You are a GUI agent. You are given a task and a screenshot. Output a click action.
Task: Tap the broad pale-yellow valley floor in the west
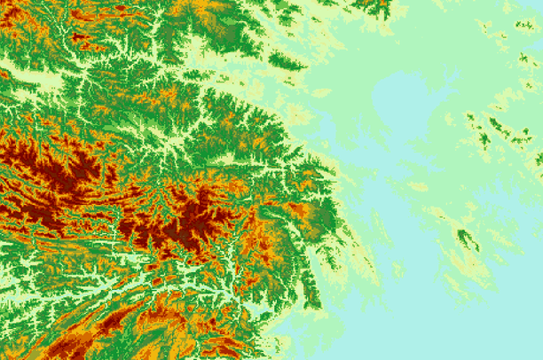pyautogui.click(x=35, y=80)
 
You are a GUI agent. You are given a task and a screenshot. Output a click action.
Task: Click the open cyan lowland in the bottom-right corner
pyautogui.click(x=506, y=328)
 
